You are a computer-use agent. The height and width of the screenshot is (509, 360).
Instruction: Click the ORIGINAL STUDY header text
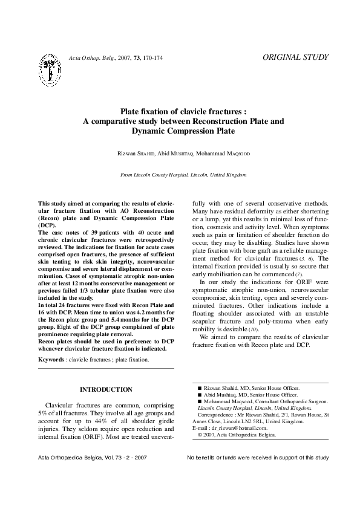(296, 57)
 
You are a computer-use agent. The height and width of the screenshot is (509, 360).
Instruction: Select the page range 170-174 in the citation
(151, 58)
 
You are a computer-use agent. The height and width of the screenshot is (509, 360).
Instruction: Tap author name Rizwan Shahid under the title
(135, 154)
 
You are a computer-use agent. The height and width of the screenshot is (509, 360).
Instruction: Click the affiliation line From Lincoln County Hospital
(183, 175)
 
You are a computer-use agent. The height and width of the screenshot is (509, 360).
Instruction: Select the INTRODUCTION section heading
(106, 389)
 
